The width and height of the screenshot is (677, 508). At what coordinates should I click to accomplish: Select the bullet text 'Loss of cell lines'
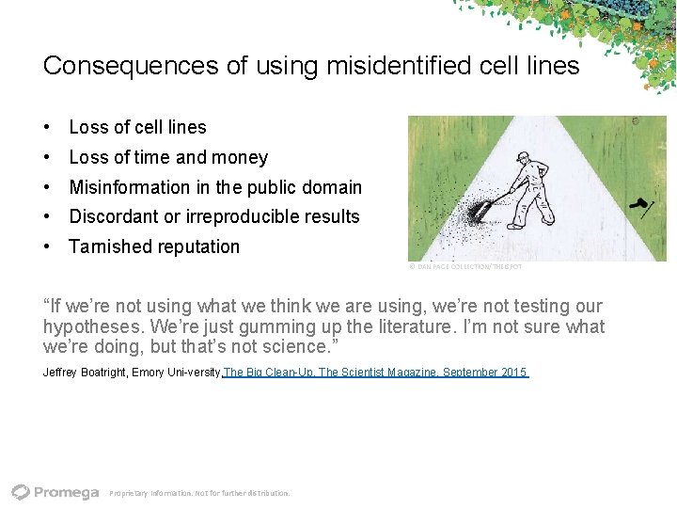tap(137, 127)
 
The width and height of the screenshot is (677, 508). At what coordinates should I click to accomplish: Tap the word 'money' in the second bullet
tap(242, 157)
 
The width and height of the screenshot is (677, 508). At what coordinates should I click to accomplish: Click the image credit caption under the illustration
tap(465, 267)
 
